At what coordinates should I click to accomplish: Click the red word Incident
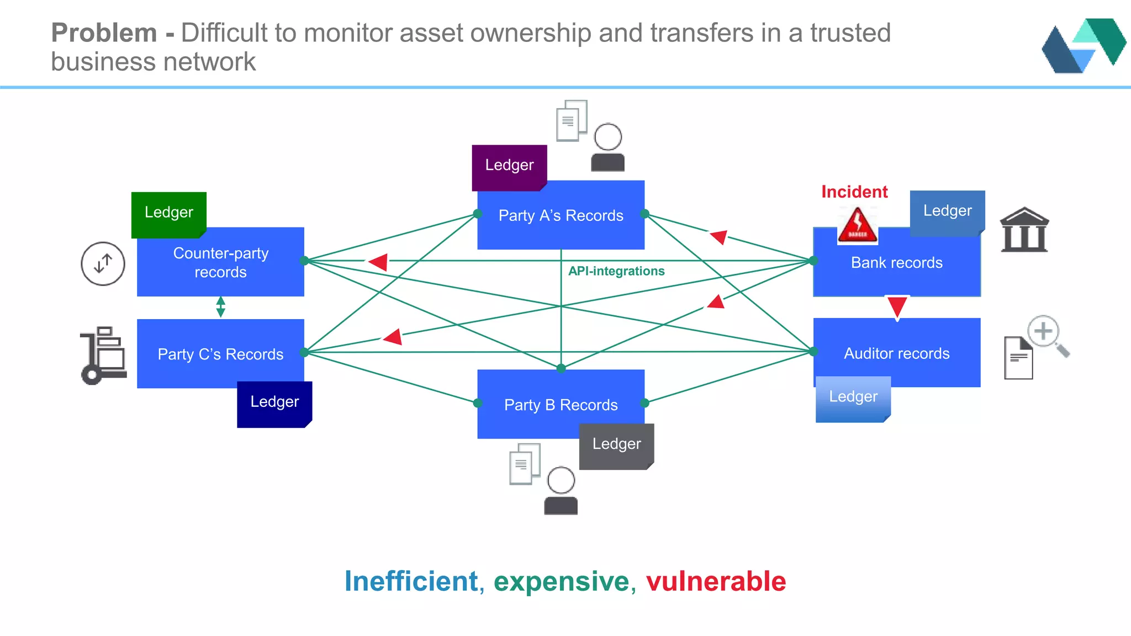854,192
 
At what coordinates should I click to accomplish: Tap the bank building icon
1024,230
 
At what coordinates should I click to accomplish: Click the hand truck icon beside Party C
104,355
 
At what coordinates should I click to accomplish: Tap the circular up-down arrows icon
103,264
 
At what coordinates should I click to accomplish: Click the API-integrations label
616,271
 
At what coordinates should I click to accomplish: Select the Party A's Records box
561,216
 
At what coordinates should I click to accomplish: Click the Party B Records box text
561,405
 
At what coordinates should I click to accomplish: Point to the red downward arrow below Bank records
897,307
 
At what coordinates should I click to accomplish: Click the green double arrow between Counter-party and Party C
221,307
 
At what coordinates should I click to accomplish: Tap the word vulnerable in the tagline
716,582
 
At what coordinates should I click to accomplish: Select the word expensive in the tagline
562,582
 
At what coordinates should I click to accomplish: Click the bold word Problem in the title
104,33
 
